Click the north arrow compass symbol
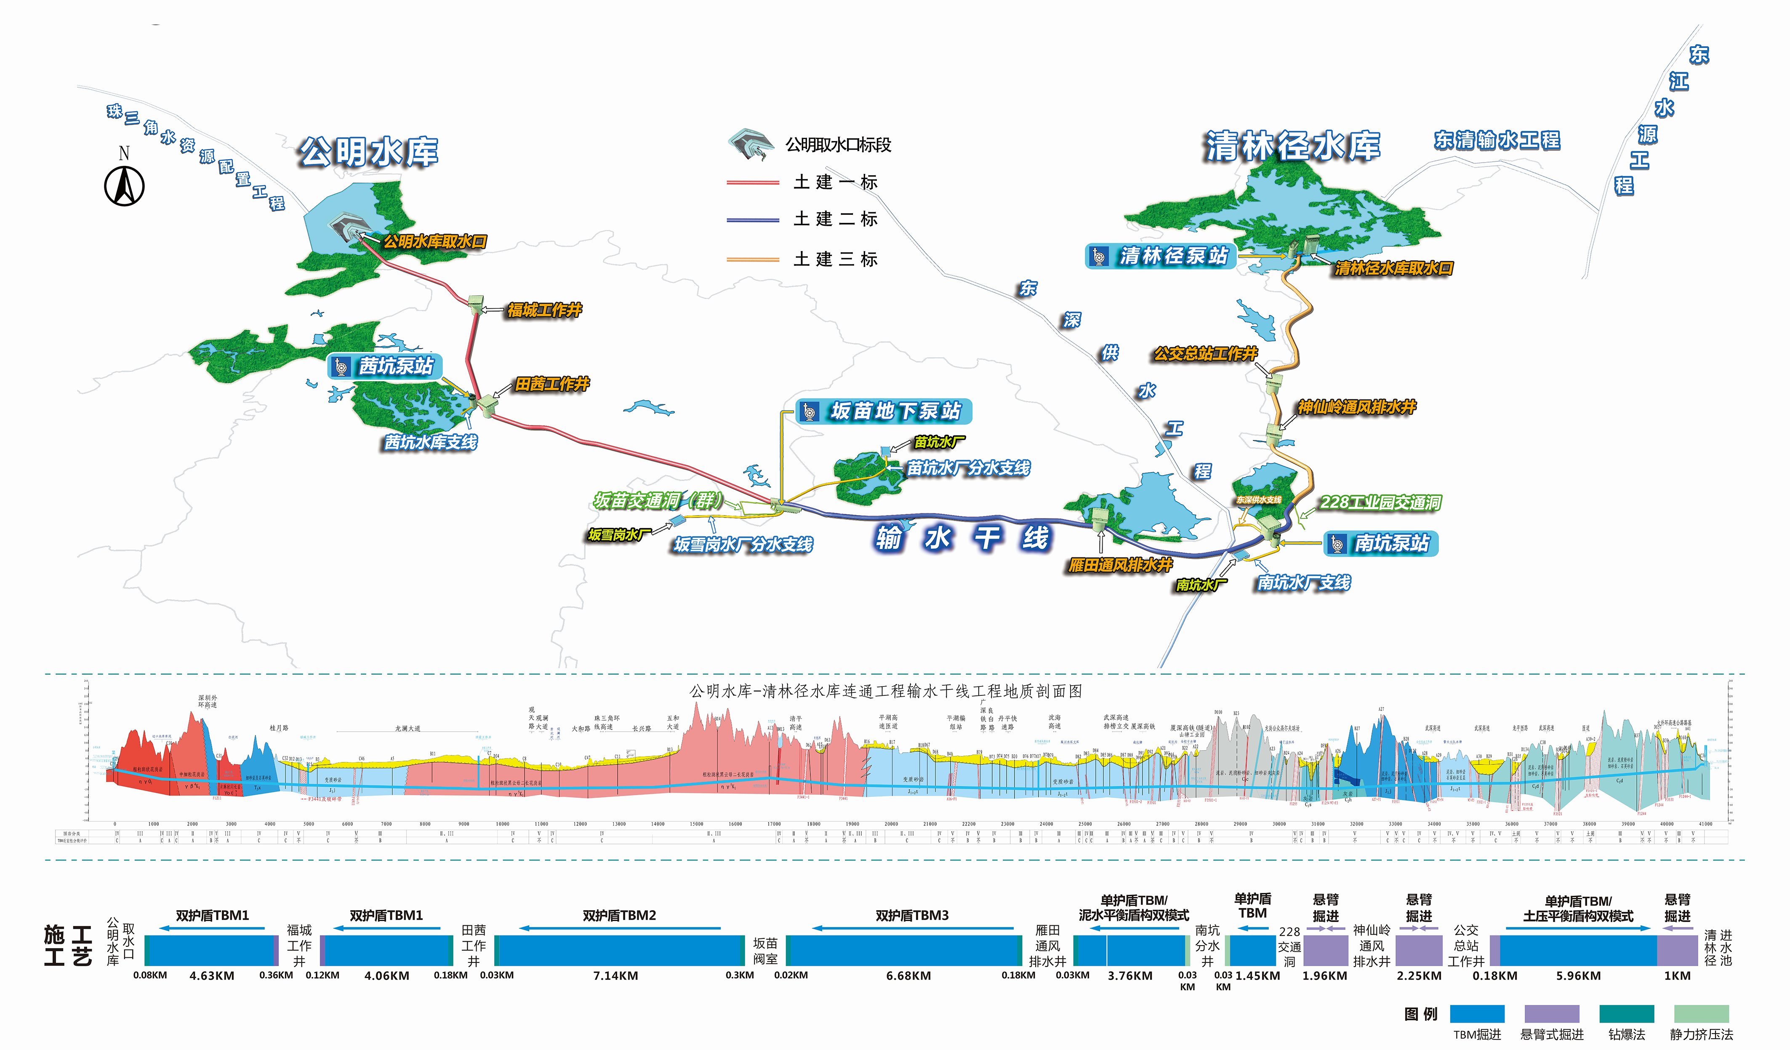[x=124, y=185]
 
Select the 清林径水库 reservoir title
[x=1292, y=146]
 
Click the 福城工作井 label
[x=544, y=310]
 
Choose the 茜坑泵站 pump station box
[x=385, y=366]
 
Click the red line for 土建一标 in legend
[x=753, y=182]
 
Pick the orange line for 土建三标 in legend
[x=753, y=260]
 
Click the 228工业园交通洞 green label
[x=1380, y=503]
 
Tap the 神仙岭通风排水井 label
[x=1357, y=407]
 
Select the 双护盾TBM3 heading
[x=912, y=916]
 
